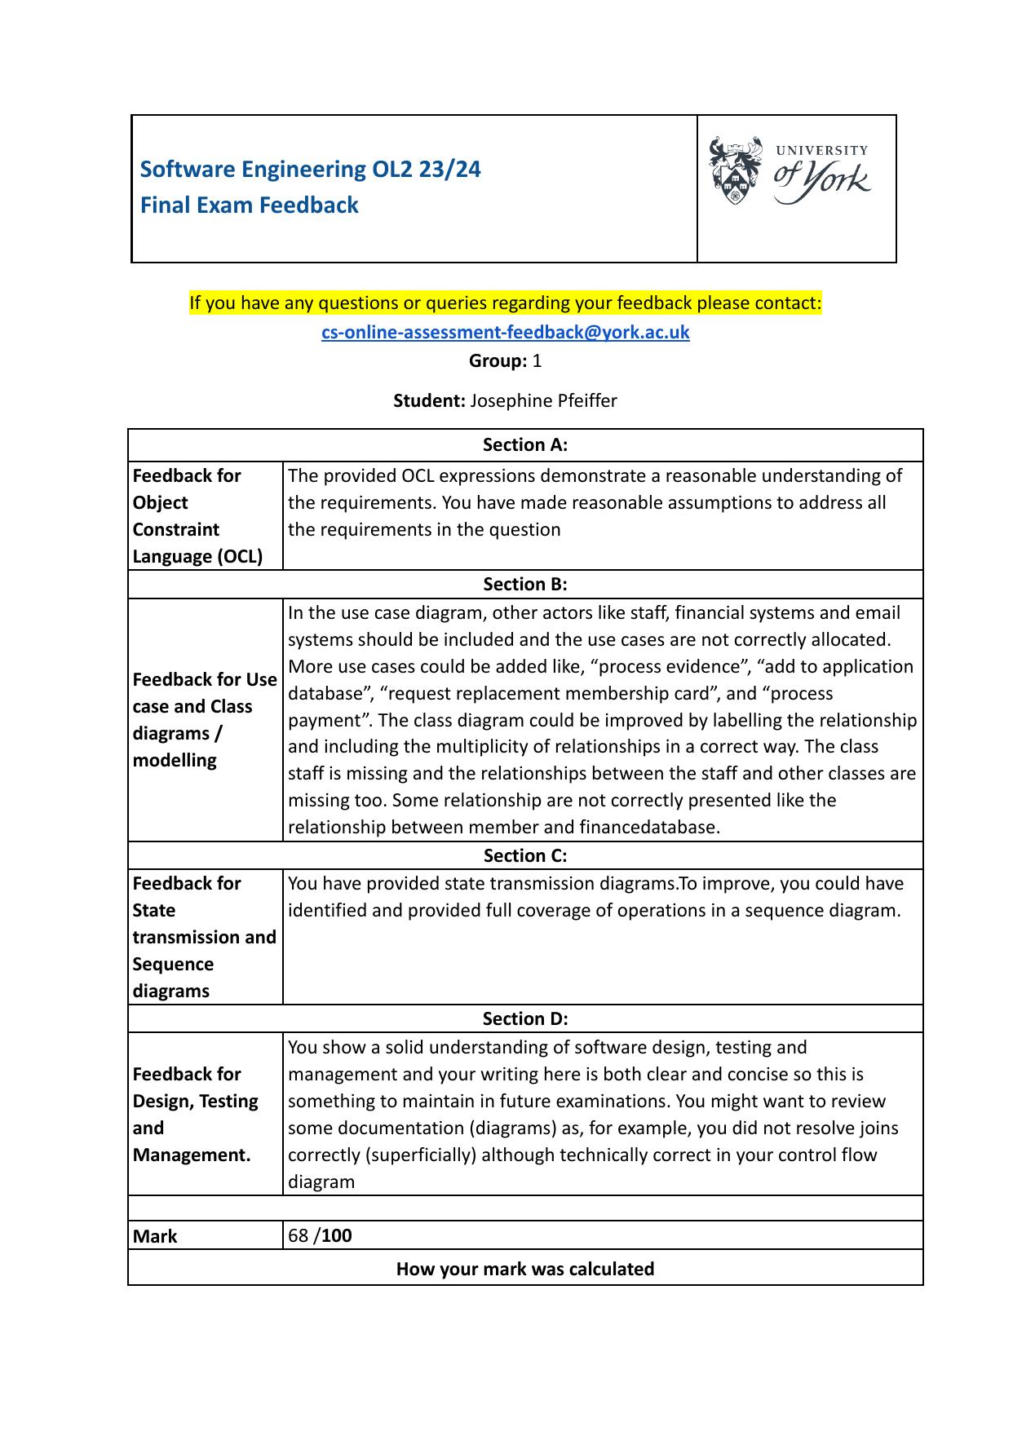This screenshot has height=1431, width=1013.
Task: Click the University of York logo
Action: point(789,171)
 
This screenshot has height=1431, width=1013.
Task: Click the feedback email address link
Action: point(506,332)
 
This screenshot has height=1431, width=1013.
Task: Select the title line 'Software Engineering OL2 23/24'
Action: point(310,169)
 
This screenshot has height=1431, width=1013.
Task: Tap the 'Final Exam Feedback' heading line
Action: point(249,205)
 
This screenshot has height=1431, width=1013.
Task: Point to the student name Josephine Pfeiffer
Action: point(543,400)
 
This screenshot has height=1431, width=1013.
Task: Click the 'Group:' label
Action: point(498,360)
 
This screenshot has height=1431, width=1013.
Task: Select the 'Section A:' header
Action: point(525,444)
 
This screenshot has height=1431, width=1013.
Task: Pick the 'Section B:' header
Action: point(525,584)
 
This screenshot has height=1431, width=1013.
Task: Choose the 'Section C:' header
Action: point(525,855)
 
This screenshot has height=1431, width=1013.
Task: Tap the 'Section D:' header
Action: point(525,1018)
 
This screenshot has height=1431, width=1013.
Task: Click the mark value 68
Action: point(298,1235)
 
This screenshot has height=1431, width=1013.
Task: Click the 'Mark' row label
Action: point(155,1236)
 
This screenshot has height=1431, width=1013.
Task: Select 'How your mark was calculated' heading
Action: point(525,1269)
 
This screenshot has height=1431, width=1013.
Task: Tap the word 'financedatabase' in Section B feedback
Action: point(648,827)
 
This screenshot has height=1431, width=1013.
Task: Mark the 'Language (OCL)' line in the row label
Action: point(197,556)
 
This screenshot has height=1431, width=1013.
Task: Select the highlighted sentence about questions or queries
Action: point(506,303)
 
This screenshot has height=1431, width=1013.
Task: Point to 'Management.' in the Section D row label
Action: point(192,1155)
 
